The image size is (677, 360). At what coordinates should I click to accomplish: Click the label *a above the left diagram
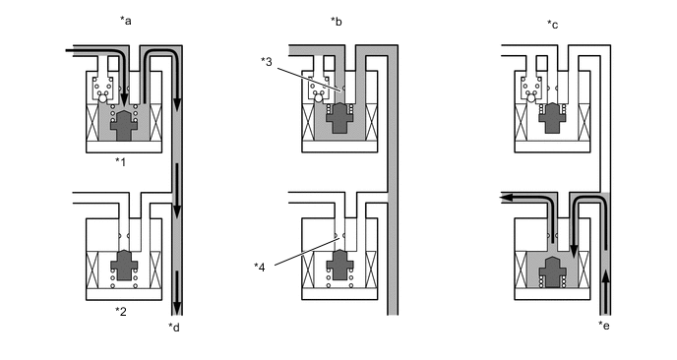[x=126, y=21]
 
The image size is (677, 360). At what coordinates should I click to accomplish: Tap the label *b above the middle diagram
[x=337, y=22]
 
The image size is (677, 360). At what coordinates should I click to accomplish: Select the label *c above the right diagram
[x=553, y=25]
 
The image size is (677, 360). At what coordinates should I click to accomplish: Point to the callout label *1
[x=120, y=162]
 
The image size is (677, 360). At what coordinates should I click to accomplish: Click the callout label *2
[x=121, y=311]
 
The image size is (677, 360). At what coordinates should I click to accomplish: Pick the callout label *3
[x=267, y=61]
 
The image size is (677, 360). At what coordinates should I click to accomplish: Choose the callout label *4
[x=260, y=268]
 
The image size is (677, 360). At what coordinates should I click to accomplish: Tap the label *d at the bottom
[x=174, y=328]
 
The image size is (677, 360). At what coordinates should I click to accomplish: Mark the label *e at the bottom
[x=604, y=326]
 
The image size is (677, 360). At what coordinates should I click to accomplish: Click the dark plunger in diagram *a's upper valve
[x=124, y=125]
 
